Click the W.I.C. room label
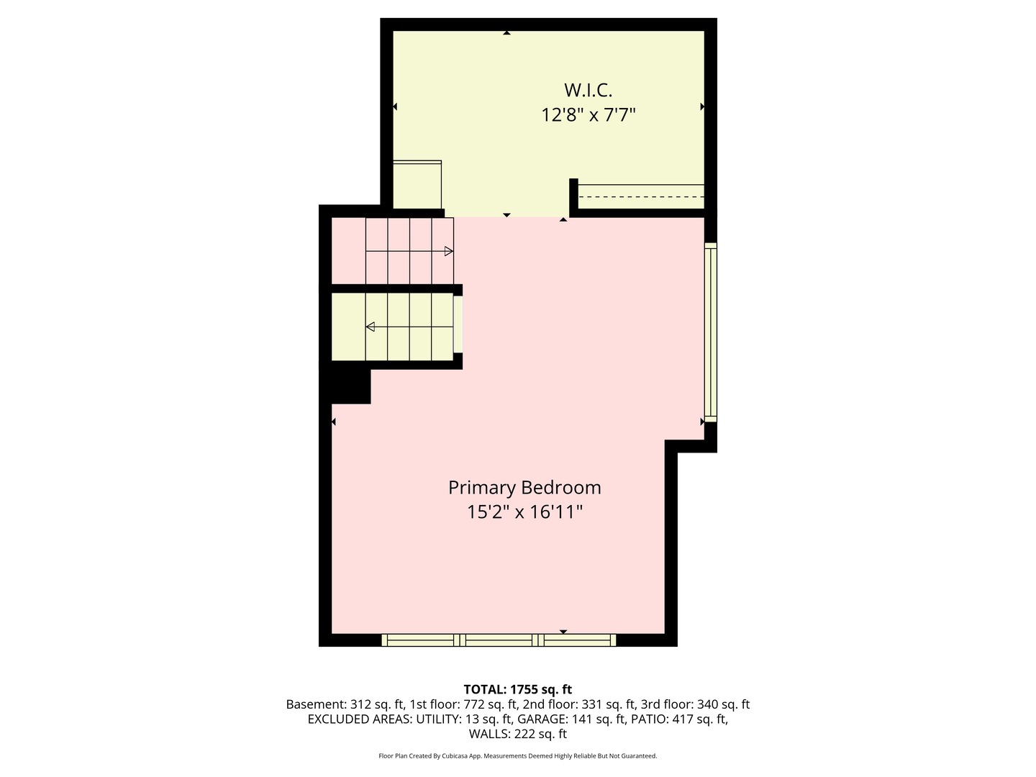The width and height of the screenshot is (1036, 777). pos(588,90)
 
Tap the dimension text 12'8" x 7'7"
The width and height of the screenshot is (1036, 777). pos(588,114)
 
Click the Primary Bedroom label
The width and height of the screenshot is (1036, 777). pos(524,487)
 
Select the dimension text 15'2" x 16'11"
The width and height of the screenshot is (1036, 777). pos(524,512)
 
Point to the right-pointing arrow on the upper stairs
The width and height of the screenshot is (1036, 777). pos(448,251)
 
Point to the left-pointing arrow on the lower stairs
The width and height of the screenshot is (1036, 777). pos(371,327)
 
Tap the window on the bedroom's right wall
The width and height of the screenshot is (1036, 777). pos(710,332)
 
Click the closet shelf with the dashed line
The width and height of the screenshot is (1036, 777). pos(641,196)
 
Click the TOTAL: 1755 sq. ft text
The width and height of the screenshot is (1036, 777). pos(517,689)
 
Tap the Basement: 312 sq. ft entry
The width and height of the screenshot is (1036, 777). pos(345,704)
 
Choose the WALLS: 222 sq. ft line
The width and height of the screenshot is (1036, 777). pos(517,734)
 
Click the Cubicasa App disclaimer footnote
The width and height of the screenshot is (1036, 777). pos(517,756)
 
